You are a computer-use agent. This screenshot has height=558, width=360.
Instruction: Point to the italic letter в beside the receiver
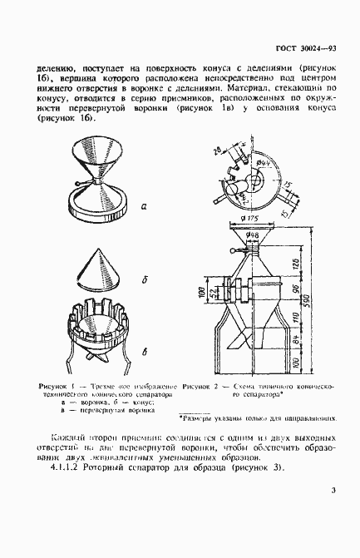coord(145,353)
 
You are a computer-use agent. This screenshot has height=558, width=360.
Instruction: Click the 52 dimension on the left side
coord(213,294)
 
